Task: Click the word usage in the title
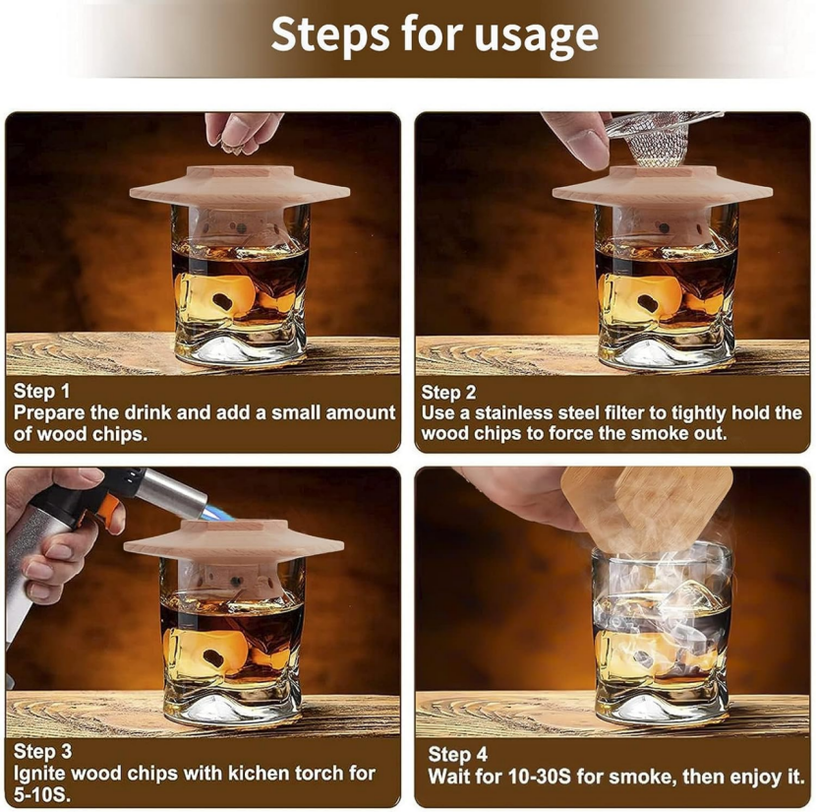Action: pos(537,35)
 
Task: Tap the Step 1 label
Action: pos(41,391)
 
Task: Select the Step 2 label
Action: pos(448,392)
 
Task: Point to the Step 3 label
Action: pos(42,752)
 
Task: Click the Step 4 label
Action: pos(458,754)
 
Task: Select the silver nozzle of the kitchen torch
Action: pos(172,493)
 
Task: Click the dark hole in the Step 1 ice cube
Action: pos(224,300)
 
